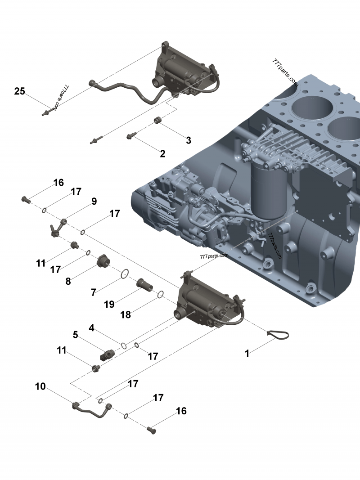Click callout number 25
20,91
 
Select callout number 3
189,140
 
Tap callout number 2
162,154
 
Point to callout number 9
94,201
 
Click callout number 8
68,281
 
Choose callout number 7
93,292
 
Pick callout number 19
109,304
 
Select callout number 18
126,315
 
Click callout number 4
91,328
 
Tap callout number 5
75,335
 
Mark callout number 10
40,386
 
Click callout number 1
247,354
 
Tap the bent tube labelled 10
92,411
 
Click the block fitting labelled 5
107,354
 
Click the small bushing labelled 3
157,120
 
